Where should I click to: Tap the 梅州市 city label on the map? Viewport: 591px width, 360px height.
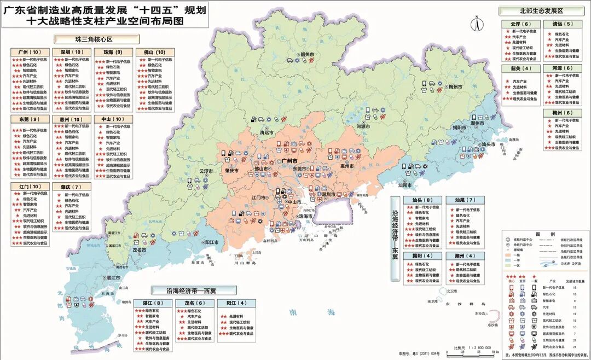pyautogui.click(x=456, y=86)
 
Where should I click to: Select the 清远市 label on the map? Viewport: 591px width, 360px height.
pyautogui.click(x=266, y=132)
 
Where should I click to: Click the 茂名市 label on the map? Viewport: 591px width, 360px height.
pyautogui.click(x=140, y=249)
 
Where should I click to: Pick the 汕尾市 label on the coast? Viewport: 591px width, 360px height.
pyautogui.click(x=405, y=185)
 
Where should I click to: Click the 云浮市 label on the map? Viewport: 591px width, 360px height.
pyautogui.click(x=206, y=171)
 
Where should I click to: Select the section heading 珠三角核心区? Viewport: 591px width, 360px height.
pyautogui.click(x=96, y=39)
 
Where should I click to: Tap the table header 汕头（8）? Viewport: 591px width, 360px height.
pyautogui.click(x=422, y=200)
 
